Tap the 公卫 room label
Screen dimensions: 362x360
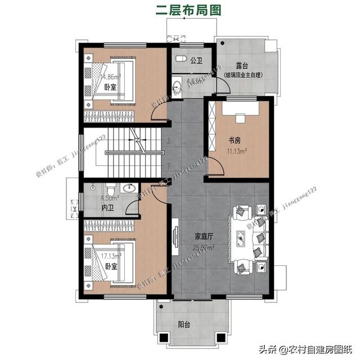pos(196,60)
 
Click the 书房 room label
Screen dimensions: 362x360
pos(235,140)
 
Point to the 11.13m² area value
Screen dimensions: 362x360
pos(237,151)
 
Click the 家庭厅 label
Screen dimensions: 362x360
pos(202,237)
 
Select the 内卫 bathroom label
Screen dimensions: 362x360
pos(107,208)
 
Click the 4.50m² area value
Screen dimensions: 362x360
pos(109,198)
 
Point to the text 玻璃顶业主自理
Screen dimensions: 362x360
pos(247,75)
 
